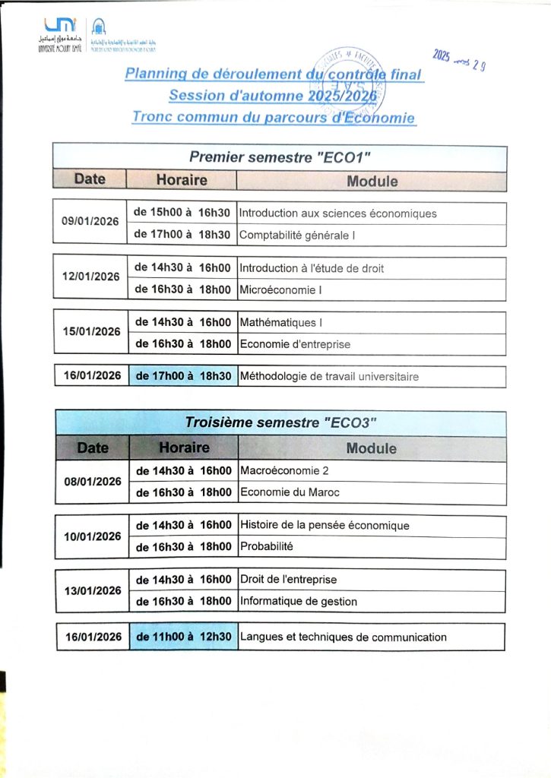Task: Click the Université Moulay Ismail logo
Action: tap(57, 34)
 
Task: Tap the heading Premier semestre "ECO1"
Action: tap(279, 157)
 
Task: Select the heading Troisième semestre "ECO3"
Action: tap(281, 423)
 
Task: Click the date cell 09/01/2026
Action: tap(90, 221)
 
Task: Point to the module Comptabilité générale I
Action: tap(298, 236)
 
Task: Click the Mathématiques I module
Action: tap(281, 323)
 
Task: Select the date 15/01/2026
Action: tap(91, 331)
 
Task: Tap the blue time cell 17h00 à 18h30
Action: tap(182, 376)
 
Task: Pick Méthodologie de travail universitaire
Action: tap(329, 377)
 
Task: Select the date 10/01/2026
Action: tap(93, 536)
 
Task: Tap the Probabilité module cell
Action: tap(267, 546)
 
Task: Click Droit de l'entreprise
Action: tap(288, 580)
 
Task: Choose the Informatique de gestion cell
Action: tap(299, 602)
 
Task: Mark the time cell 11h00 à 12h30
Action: tap(183, 637)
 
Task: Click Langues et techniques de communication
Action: tap(343, 637)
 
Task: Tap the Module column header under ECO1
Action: tap(372, 181)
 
